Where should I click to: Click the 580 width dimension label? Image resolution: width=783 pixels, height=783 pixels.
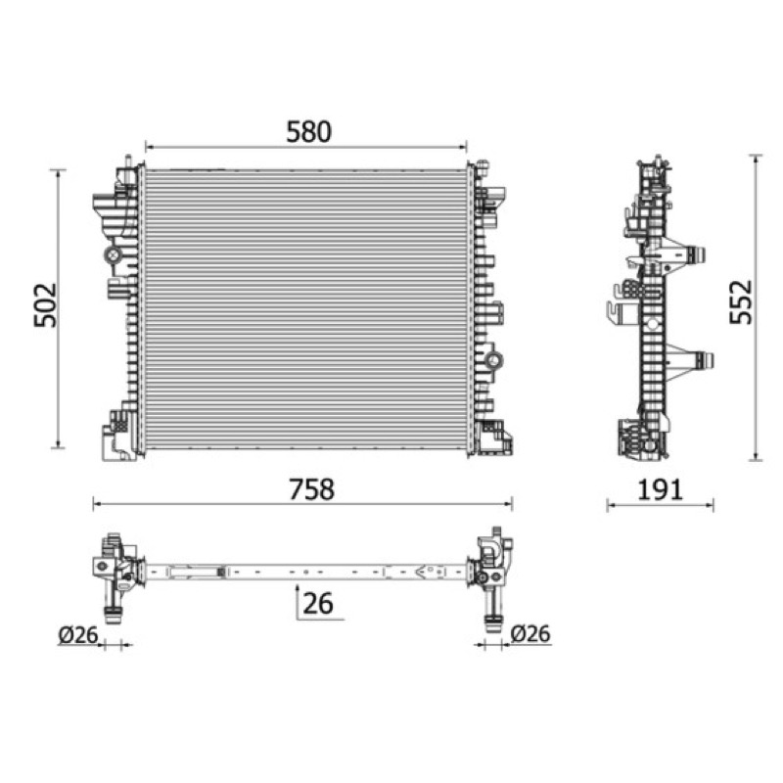point(308,132)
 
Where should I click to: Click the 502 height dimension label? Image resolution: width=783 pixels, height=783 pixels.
point(45,305)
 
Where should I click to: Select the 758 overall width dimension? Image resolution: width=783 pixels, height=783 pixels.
point(311,489)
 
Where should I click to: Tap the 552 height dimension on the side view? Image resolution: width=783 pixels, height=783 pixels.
point(741,302)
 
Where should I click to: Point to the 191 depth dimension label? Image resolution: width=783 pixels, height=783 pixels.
point(660,490)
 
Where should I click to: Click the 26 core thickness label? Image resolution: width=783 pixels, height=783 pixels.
point(318,603)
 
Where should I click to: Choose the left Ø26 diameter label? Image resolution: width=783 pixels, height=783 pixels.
point(78,634)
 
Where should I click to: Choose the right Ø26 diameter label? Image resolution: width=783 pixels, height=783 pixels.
point(530,633)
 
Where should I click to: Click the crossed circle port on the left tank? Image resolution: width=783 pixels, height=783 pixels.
point(114,255)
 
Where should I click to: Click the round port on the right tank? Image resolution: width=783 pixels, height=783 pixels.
point(494,360)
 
